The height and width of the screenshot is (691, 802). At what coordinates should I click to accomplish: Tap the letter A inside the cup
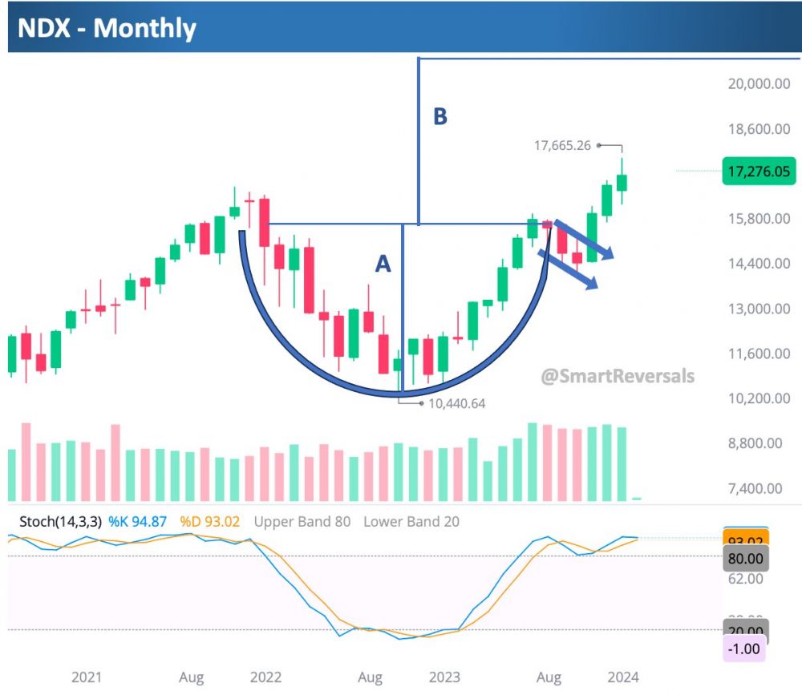[383, 263]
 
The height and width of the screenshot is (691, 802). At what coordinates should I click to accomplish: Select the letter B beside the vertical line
[440, 117]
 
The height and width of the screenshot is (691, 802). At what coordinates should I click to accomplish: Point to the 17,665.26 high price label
[561, 146]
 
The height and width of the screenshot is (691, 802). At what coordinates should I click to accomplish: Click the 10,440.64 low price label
[457, 404]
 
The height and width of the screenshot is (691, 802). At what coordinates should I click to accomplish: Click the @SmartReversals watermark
[618, 375]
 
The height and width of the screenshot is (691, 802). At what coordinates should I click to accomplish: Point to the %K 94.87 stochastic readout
[139, 522]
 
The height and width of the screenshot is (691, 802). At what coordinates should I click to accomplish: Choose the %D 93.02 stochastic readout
[210, 522]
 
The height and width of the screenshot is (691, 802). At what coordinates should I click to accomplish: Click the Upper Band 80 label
[302, 522]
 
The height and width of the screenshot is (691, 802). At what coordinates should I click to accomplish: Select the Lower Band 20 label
[411, 522]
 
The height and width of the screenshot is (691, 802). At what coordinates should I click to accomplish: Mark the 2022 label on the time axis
[265, 677]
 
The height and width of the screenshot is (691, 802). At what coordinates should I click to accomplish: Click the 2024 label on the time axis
[622, 677]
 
